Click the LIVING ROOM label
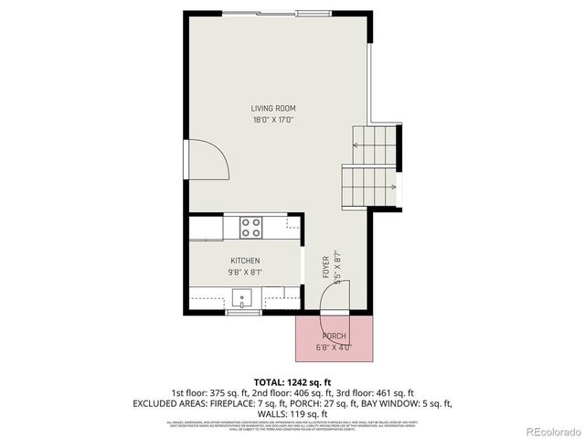point(273,108)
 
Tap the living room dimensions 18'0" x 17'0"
point(273,120)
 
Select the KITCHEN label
point(244,261)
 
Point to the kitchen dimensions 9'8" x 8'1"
point(244,273)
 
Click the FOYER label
point(325,268)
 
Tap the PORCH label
point(334,337)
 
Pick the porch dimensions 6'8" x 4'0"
point(334,348)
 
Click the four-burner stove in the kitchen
point(251,226)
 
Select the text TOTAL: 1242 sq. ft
point(292,380)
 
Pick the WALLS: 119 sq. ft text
point(292,414)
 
